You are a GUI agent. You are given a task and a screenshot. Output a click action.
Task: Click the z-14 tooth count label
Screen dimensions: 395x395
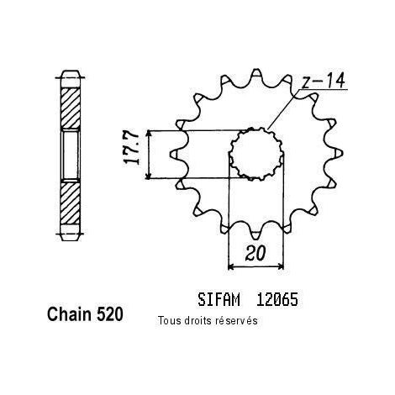323,81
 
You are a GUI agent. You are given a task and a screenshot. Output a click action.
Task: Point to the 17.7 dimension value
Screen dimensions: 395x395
131,148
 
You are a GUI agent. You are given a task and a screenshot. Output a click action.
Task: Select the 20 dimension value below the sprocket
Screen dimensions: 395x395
255,254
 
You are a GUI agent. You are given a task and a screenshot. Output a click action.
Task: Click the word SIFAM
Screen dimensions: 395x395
219,299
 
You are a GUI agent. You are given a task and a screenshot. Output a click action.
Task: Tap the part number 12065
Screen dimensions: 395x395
276,299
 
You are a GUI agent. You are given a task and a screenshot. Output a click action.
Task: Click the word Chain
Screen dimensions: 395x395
70,314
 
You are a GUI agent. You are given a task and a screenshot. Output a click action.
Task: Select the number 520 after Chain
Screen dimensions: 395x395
110,314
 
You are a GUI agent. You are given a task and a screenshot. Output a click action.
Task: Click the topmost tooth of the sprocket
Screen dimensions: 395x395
255,73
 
